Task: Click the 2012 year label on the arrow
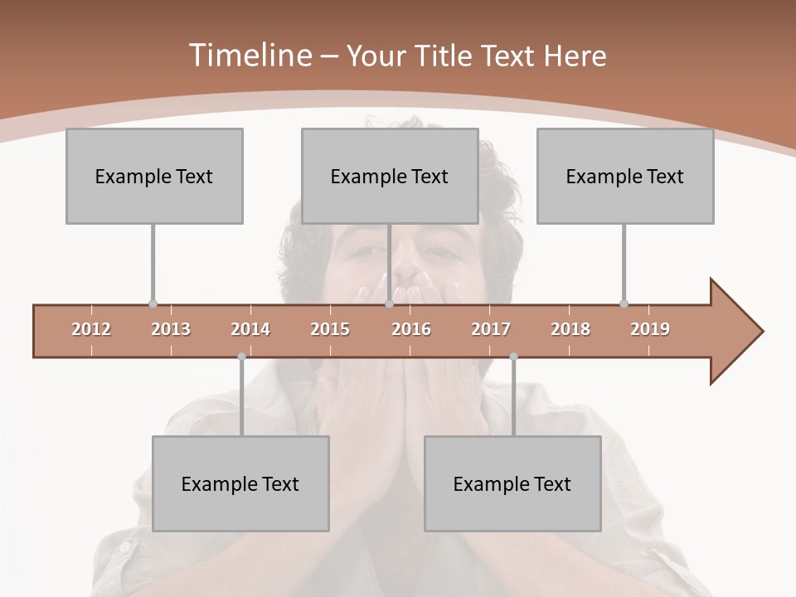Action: click(x=91, y=329)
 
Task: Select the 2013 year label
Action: click(x=171, y=329)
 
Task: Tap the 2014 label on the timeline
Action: click(x=250, y=329)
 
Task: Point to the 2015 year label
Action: click(x=330, y=329)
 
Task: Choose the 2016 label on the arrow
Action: click(x=411, y=329)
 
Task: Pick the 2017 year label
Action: click(x=491, y=329)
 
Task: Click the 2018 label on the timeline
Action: click(x=570, y=329)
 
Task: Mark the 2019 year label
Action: click(x=650, y=329)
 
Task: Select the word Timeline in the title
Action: click(x=250, y=56)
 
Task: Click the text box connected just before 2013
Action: click(x=154, y=176)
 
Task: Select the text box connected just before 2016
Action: click(x=390, y=176)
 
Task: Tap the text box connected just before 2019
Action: click(x=625, y=176)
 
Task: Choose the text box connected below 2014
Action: click(x=240, y=483)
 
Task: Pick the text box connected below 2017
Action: click(x=512, y=483)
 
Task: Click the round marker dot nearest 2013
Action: click(x=153, y=304)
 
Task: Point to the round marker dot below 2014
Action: click(x=241, y=357)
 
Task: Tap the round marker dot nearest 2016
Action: click(x=389, y=304)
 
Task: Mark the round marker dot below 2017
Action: click(x=513, y=357)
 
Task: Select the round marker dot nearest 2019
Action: click(x=624, y=304)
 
